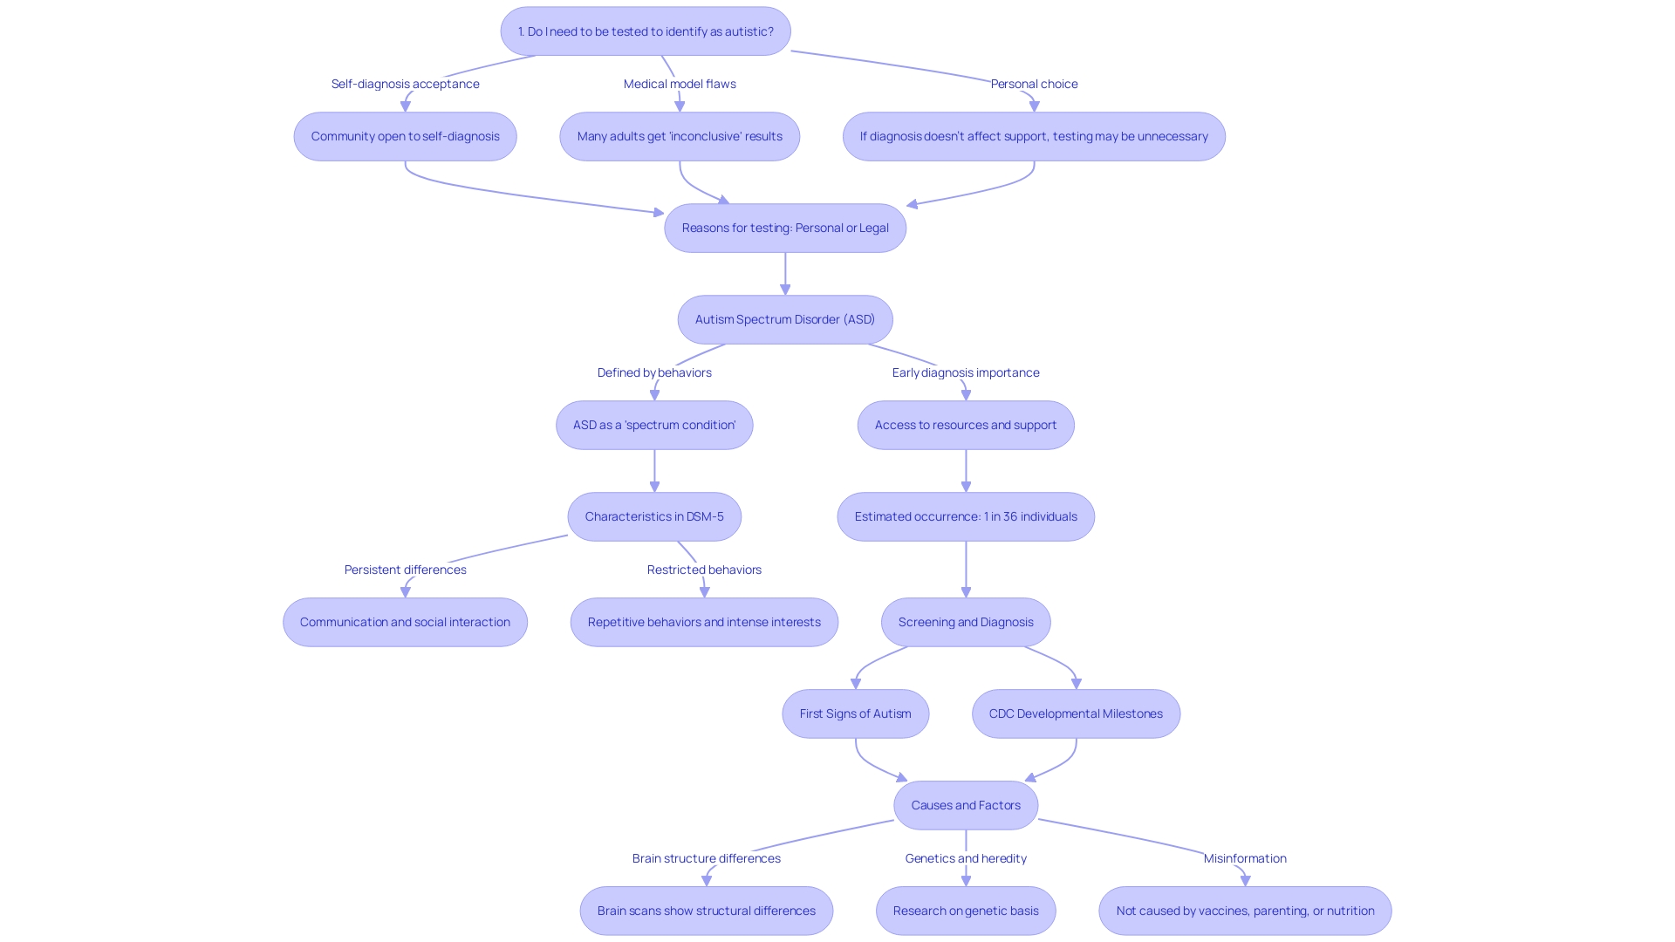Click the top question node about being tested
pyautogui.click(x=646, y=31)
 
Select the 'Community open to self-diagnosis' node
pyautogui.click(x=405, y=136)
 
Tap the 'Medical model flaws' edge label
pyautogui.click(x=680, y=84)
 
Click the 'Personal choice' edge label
pyautogui.click(x=1034, y=84)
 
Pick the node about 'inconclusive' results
pyautogui.click(x=680, y=136)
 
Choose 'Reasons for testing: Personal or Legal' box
pyautogui.click(x=785, y=228)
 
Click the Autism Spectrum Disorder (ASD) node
pyautogui.click(x=785, y=319)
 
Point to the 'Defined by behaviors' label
pyautogui.click(x=654, y=372)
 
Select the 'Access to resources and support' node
pyautogui.click(x=966, y=425)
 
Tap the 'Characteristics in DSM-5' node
pyautogui.click(x=654, y=516)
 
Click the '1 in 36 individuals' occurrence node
pyautogui.click(x=966, y=516)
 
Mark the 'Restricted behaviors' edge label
pyautogui.click(x=704, y=570)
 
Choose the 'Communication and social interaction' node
pyautogui.click(x=405, y=622)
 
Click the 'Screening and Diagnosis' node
pyautogui.click(x=966, y=622)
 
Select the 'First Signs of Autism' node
pyautogui.click(x=855, y=713)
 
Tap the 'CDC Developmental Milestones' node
pyautogui.click(x=1076, y=713)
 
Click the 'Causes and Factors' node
pyautogui.click(x=966, y=805)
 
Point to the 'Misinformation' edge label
pyautogui.click(x=1245, y=858)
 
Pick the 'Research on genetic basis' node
pyautogui.click(x=966, y=911)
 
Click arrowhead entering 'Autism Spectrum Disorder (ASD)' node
pyautogui.click(x=785, y=290)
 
